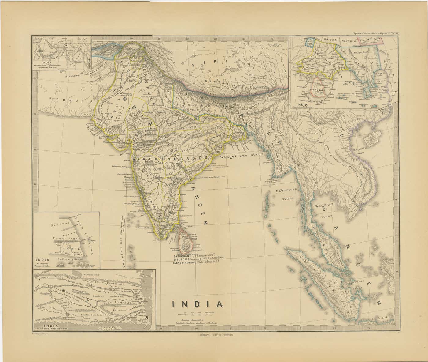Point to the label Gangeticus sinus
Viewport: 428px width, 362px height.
[x=242, y=156]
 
